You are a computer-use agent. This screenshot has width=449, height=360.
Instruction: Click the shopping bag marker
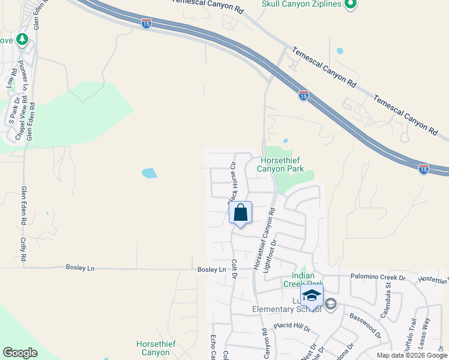[240, 214]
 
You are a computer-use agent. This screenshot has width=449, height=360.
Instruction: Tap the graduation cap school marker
[312, 296]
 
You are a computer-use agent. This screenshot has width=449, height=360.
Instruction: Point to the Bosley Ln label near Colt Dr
[211, 269]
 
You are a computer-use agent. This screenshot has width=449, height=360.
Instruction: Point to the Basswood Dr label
[365, 325]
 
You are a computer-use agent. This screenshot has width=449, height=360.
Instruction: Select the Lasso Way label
[426, 331]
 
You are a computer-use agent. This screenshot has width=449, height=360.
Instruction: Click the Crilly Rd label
[23, 248]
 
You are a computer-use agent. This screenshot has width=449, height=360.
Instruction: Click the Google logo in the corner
[20, 353]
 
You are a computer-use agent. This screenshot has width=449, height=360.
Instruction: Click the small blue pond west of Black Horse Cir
[149, 174]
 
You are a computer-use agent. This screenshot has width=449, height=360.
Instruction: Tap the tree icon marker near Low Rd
[23, 40]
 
